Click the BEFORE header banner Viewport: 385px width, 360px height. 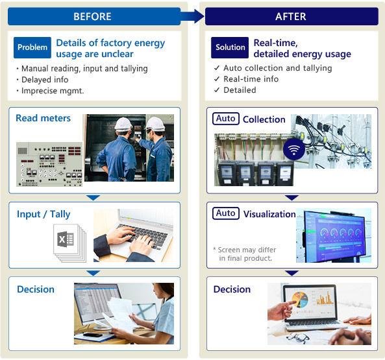pos(94,16)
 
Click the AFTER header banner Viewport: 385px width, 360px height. pos(292,16)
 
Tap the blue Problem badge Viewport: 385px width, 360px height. pos(32,47)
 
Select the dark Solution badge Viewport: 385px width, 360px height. pos(230,47)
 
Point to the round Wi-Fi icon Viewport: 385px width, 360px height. pos(294,149)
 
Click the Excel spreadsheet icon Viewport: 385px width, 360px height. pos(66,239)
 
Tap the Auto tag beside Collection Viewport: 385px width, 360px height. pos(226,119)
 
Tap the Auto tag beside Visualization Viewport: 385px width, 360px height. pos(226,213)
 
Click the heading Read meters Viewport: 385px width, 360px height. pos(43,118)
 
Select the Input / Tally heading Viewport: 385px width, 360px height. pos(43,214)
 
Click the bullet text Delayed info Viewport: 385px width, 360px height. pos(45,80)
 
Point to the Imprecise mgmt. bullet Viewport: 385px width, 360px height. pos(53,91)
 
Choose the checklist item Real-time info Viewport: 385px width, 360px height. pos(251,79)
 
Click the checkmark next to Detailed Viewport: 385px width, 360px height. pos(217,90)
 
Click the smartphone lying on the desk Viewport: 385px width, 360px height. pos(93,335)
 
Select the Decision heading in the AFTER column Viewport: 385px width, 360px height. pos(232,289)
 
